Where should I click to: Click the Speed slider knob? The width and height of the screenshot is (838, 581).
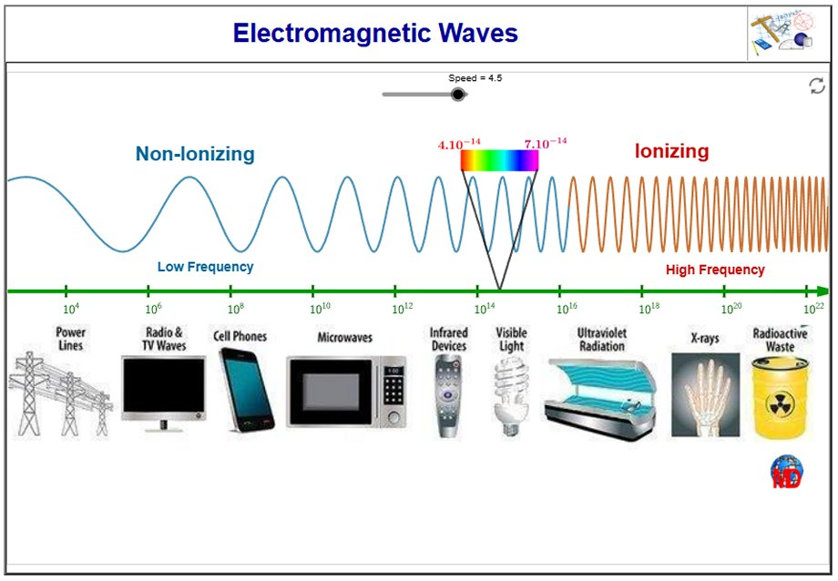pos(457,95)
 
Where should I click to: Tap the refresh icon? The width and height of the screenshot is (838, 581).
pos(817,86)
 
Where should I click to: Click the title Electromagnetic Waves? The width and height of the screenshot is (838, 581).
pos(375,33)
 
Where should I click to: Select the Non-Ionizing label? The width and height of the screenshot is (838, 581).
pos(195,154)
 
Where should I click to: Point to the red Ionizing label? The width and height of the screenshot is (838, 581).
pos(672,151)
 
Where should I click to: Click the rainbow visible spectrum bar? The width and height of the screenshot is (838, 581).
pos(499,160)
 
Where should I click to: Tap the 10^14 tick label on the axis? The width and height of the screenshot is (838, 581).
pos(485,309)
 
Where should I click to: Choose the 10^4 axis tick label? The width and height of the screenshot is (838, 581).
pos(71,309)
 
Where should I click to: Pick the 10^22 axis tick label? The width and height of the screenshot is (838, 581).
pos(814,309)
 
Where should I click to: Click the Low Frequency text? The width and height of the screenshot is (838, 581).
pos(205,267)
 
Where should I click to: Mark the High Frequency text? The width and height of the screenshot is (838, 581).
pos(715,270)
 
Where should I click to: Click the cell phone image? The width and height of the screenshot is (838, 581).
pos(246,390)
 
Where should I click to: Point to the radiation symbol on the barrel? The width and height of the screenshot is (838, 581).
pos(781,404)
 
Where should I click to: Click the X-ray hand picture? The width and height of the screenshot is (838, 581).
pos(705,394)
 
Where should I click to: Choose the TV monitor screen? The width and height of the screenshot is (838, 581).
pos(164,385)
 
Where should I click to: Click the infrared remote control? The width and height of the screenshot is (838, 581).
pos(447,396)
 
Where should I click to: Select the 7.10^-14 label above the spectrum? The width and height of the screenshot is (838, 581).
pos(545,143)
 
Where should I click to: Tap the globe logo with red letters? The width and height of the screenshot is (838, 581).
pos(787,472)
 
